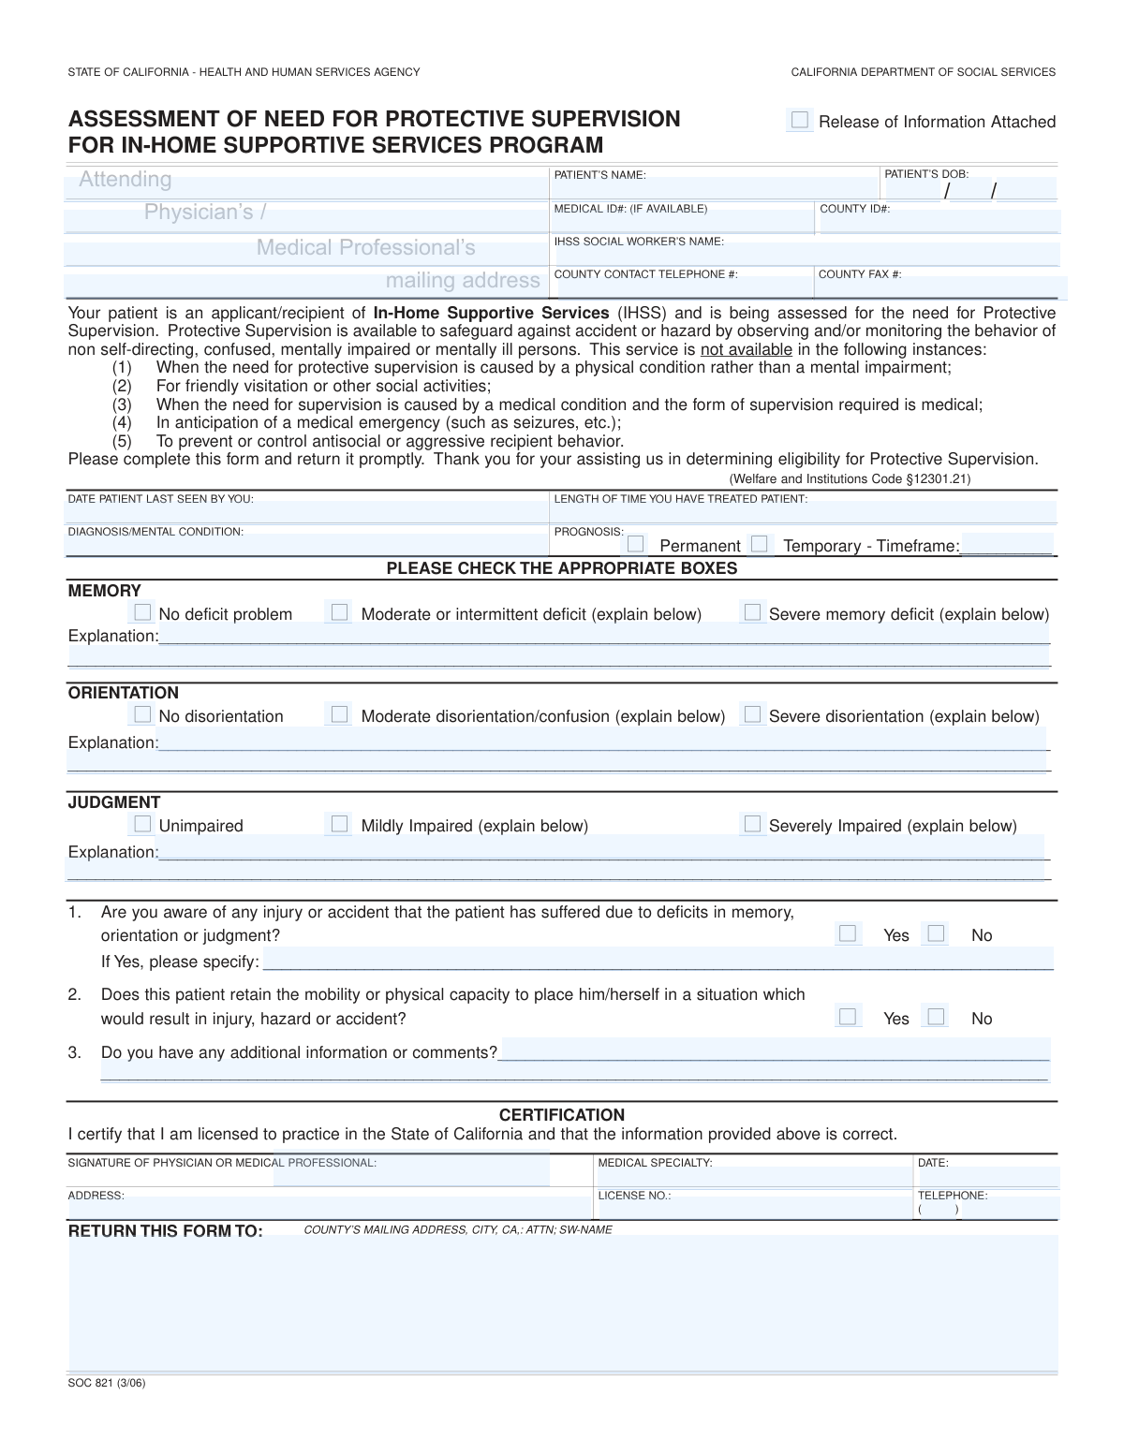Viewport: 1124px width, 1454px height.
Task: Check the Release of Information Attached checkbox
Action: [799, 120]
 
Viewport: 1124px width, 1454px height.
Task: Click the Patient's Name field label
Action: [599, 175]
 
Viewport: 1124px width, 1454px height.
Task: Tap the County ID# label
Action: [854, 209]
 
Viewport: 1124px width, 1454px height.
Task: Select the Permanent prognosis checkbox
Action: [636, 544]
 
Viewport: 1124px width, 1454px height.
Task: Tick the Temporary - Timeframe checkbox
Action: [760, 544]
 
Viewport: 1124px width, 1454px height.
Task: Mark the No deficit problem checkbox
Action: [142, 613]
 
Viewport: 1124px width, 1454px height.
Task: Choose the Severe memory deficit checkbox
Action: [752, 613]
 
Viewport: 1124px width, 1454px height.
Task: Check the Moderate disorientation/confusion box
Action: [340, 715]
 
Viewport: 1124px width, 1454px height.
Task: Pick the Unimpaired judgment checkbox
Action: [142, 825]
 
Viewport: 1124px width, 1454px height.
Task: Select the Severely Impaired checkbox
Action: [752, 825]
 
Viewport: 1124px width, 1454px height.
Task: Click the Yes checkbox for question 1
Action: [848, 933]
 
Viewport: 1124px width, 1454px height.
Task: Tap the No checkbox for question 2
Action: [936, 1017]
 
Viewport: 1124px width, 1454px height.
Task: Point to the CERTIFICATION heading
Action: [561, 1115]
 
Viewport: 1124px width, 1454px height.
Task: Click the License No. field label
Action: [634, 1196]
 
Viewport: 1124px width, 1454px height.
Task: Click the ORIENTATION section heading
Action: [123, 693]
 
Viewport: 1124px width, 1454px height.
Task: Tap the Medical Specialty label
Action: [655, 1163]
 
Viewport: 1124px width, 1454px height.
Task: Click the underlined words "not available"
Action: [746, 350]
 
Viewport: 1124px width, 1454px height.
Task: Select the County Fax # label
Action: [859, 274]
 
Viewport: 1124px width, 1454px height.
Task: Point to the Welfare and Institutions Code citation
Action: [850, 478]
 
